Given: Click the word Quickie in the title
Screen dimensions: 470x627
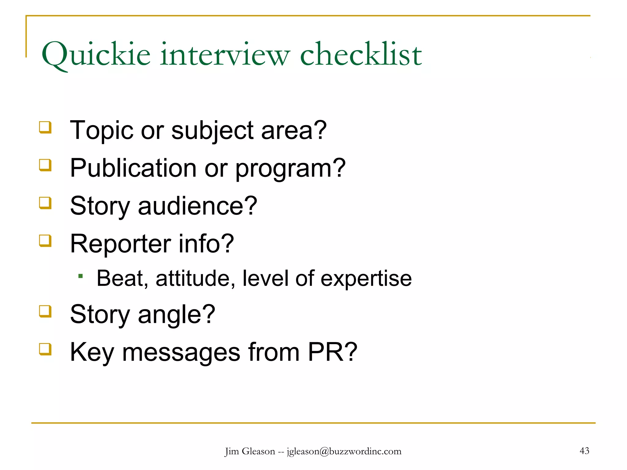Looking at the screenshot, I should pos(96,55).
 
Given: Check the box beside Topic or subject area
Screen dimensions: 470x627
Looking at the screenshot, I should pos(45,127).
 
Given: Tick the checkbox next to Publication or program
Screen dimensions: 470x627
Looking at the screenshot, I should pos(45,165).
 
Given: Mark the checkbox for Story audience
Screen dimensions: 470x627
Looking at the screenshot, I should pos(45,203).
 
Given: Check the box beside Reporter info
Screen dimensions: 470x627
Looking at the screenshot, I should pos(45,241).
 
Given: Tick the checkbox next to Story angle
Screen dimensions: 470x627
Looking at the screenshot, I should pos(45,311).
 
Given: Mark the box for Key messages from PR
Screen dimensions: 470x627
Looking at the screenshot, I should pos(45,349).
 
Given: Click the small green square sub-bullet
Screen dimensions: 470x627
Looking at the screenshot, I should pos(81,276).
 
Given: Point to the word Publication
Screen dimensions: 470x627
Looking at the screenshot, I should pos(133,168).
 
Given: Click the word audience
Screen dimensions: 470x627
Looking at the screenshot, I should pos(197,206).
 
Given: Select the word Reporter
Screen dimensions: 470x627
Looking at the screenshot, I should pos(120,244).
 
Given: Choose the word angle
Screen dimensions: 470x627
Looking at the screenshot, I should pos(176,315).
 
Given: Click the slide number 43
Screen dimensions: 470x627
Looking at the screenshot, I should pos(584,451).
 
